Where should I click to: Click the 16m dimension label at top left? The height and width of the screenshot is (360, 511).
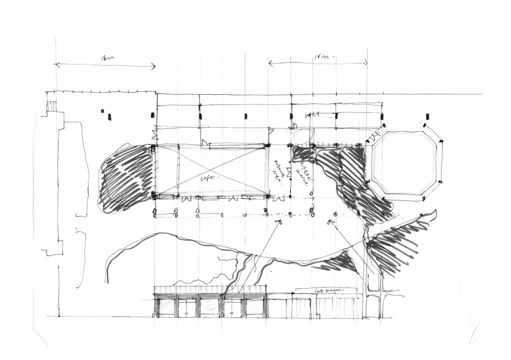108,59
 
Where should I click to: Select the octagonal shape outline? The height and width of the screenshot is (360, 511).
406,164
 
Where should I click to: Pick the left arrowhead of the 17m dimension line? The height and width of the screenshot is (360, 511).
270,62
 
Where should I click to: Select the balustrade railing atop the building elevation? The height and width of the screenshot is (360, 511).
210,289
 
